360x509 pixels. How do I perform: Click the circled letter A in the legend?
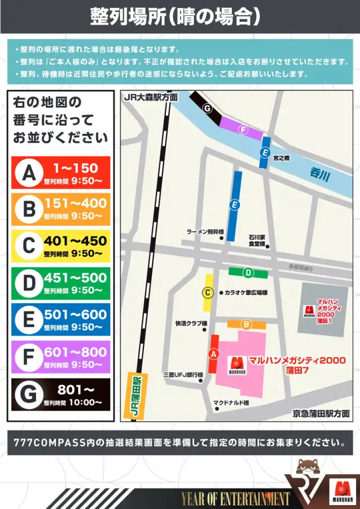point(29,173)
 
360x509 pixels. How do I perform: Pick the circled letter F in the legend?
point(29,357)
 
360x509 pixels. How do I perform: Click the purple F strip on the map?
point(241,129)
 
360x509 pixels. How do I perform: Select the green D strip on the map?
point(248,273)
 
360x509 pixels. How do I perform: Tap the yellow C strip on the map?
point(208,292)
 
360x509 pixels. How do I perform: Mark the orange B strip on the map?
point(246,325)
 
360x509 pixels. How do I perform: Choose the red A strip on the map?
point(213,354)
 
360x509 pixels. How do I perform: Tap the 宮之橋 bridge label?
point(281,159)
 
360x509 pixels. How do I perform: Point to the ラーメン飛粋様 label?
point(205,232)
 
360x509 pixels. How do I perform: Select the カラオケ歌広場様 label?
point(245,293)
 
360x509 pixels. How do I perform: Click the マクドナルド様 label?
point(231,403)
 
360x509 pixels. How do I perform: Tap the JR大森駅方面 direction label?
point(151,97)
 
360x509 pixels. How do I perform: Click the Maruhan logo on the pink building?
point(237,366)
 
